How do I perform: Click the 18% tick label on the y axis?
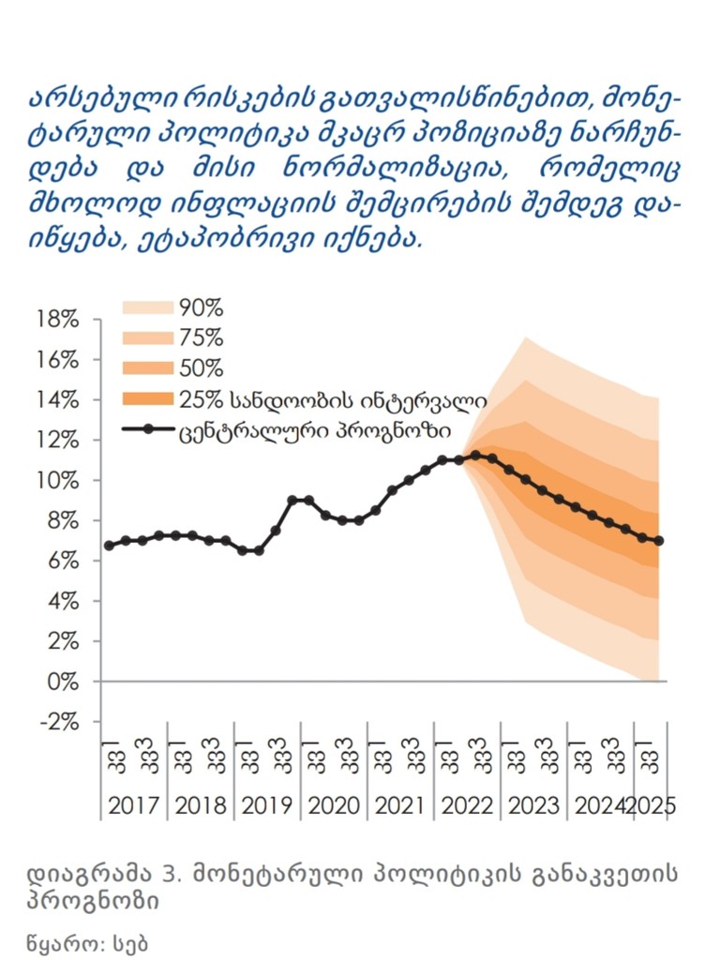(x=58, y=320)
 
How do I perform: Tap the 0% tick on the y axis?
(x=63, y=682)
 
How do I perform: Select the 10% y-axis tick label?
(x=58, y=481)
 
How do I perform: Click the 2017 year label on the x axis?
(x=136, y=805)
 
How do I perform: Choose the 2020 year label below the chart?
(x=335, y=805)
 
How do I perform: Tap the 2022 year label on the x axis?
(x=467, y=805)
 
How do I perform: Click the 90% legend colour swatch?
(x=148, y=307)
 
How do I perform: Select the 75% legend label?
(x=201, y=337)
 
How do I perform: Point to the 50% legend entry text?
(x=201, y=368)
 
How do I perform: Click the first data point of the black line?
(x=109, y=545)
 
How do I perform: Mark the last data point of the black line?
(x=659, y=541)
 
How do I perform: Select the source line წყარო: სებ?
(x=88, y=940)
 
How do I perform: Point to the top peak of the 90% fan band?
(x=526, y=337)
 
